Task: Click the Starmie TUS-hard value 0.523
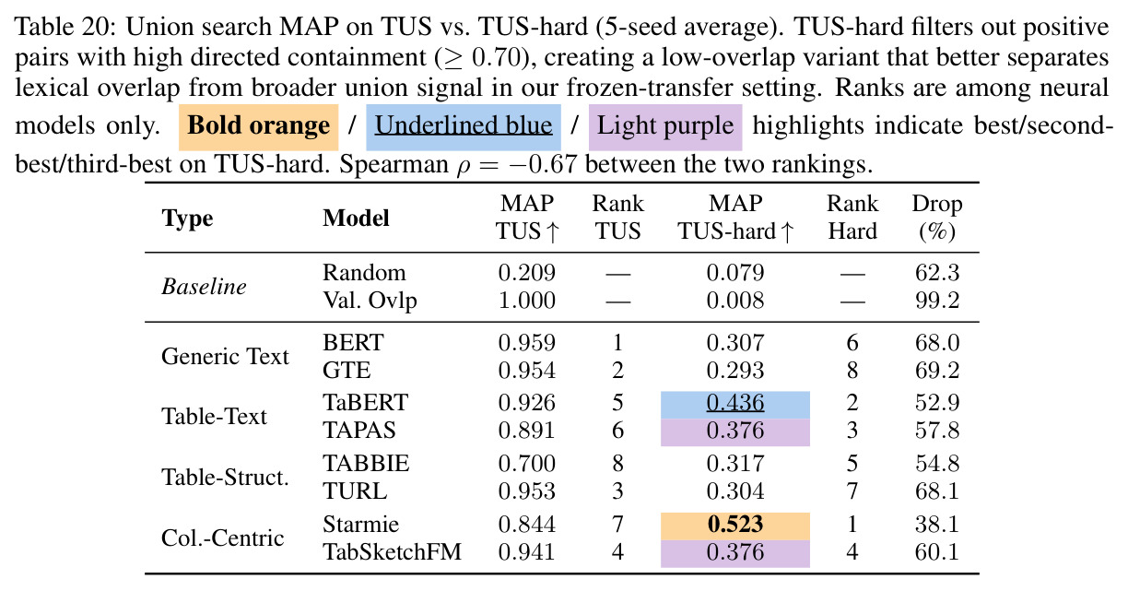[735, 525]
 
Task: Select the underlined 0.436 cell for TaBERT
[735, 403]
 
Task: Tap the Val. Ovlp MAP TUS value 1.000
[527, 301]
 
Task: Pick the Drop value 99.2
[937, 301]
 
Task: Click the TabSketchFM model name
[392, 552]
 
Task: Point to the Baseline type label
[204, 287]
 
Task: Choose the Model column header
[356, 219]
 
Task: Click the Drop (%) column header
[937, 218]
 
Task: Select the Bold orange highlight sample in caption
[258, 126]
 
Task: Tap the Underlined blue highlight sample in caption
[464, 126]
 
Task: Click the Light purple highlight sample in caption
[665, 126]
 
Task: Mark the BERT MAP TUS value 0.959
[527, 343]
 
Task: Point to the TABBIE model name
[366, 464]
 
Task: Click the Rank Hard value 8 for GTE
[852, 371]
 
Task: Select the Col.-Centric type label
[223, 538]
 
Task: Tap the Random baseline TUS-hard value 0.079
[735, 273]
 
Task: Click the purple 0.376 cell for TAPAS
[735, 431]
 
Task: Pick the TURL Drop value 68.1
[937, 491]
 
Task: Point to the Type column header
[187, 219]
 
